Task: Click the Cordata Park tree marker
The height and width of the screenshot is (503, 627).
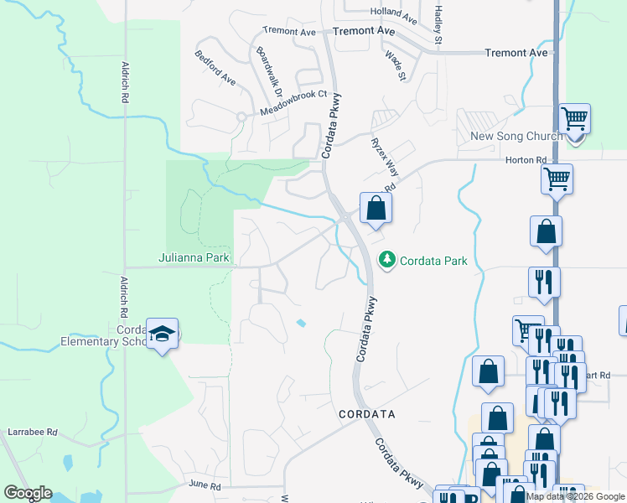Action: pos(387,260)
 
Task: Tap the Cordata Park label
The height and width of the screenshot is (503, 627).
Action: pos(433,261)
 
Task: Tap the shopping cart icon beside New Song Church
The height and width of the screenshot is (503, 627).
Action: pos(575,119)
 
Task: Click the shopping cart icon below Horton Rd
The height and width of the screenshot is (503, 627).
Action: pos(557,179)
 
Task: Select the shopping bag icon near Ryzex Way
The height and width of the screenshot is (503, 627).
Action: pos(376,208)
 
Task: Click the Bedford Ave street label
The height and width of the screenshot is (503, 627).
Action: pos(215,68)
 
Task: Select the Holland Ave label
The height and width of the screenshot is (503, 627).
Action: pos(394,14)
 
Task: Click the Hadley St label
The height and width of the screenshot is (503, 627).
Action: pos(438,24)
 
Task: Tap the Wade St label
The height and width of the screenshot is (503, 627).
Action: pos(395,66)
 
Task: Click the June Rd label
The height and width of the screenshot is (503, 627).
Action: pos(204,485)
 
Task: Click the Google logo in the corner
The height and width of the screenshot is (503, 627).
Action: pos(28,493)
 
